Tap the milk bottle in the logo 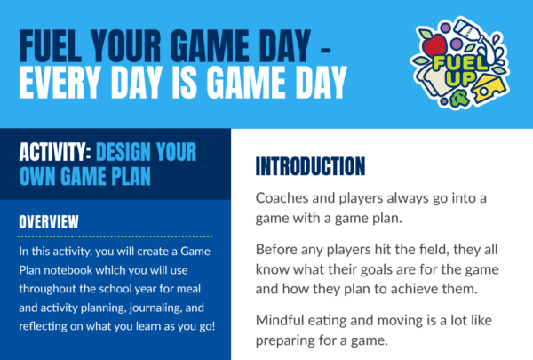tap(470, 31)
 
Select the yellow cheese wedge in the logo tap(489, 89)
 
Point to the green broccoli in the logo tap(460, 98)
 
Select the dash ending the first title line tap(325, 51)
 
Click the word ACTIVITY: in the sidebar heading tap(55, 152)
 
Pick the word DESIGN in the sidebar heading tap(123, 152)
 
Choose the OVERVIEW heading tap(49, 222)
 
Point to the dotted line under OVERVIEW tap(115, 236)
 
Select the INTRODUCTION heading tap(310, 166)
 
